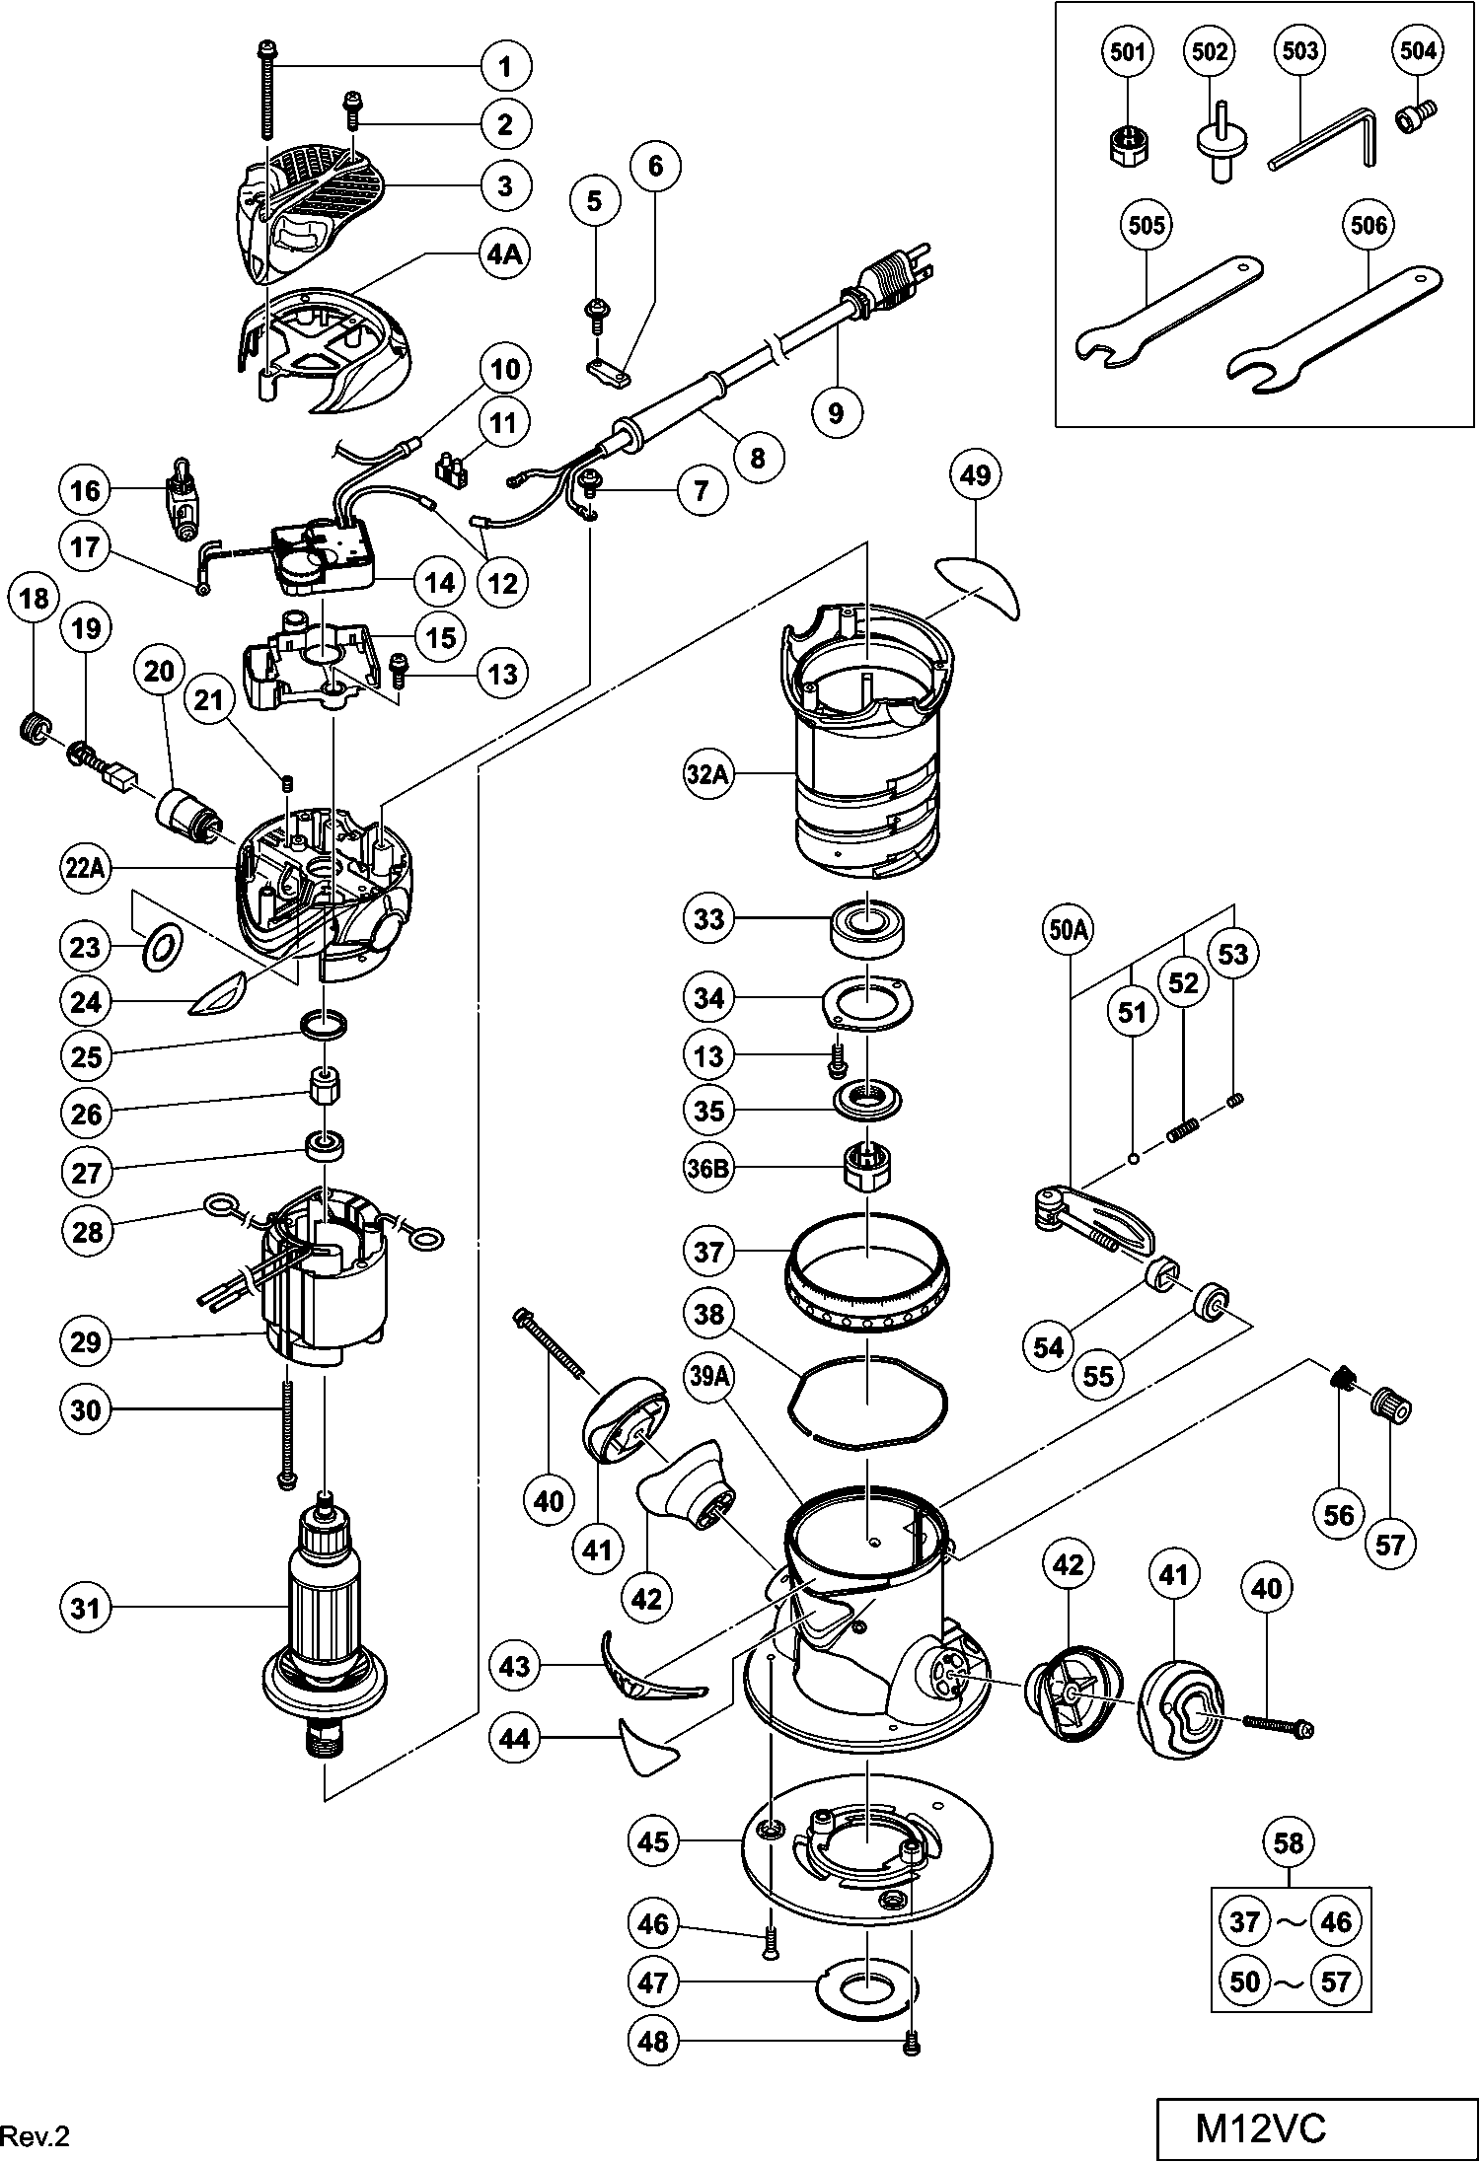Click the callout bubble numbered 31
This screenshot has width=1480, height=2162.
86,1609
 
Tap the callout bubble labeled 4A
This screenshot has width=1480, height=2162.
503,253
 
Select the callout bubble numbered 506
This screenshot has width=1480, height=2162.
1369,226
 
